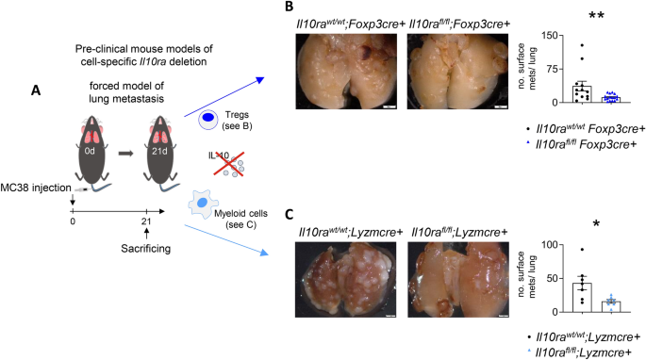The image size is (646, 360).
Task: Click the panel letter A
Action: pyautogui.click(x=35, y=90)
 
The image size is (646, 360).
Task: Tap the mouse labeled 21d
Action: pyautogui.click(x=173, y=151)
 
